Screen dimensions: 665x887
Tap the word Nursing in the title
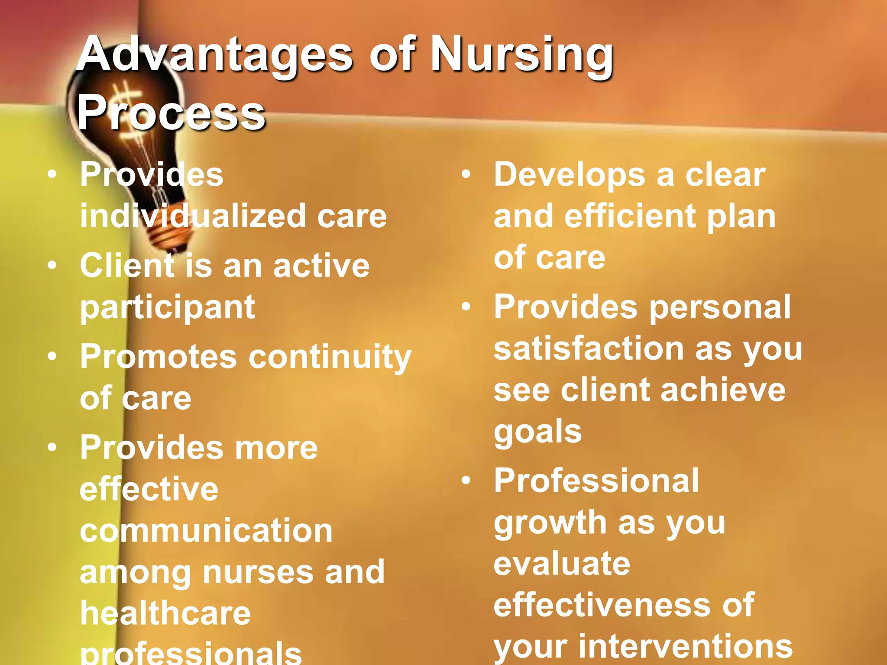[521, 55]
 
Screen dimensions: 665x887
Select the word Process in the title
[171, 113]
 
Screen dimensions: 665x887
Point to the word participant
[168, 307]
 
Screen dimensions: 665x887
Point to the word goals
[537, 431]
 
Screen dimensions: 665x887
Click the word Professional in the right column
[596, 481]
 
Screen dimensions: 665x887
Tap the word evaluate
[562, 564]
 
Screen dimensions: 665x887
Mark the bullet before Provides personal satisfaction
[466, 307]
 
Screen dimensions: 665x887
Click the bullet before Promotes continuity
[52, 356]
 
